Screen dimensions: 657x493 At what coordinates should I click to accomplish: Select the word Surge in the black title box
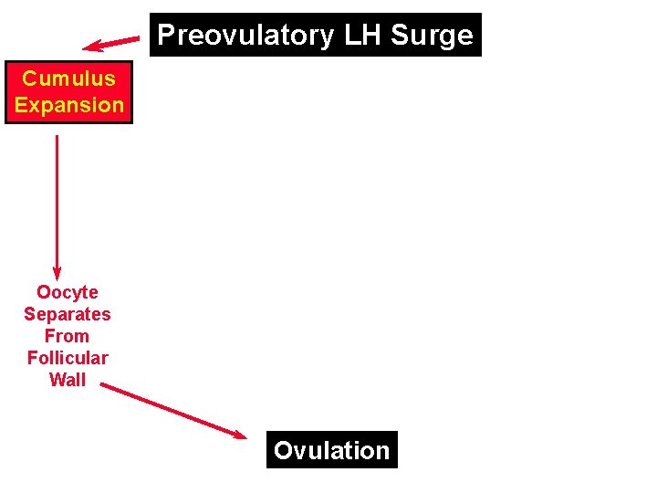coord(433,36)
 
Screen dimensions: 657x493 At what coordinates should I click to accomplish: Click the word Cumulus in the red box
coord(68,79)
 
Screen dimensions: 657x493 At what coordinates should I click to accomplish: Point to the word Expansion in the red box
coord(68,105)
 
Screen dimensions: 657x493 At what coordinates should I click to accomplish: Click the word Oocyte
coord(68,292)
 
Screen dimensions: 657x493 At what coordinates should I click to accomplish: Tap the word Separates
coord(68,314)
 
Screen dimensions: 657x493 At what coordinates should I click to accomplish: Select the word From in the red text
coord(68,336)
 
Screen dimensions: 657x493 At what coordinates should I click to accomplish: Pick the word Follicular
coord(68,358)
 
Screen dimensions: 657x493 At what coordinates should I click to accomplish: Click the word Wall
coord(68,380)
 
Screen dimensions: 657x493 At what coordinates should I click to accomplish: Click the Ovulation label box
coord(332,450)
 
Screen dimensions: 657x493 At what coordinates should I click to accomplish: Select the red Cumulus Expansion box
coord(68,92)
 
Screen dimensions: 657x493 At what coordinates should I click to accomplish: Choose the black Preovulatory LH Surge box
coord(316,36)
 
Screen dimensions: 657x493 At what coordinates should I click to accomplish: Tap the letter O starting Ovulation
coord(283,451)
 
